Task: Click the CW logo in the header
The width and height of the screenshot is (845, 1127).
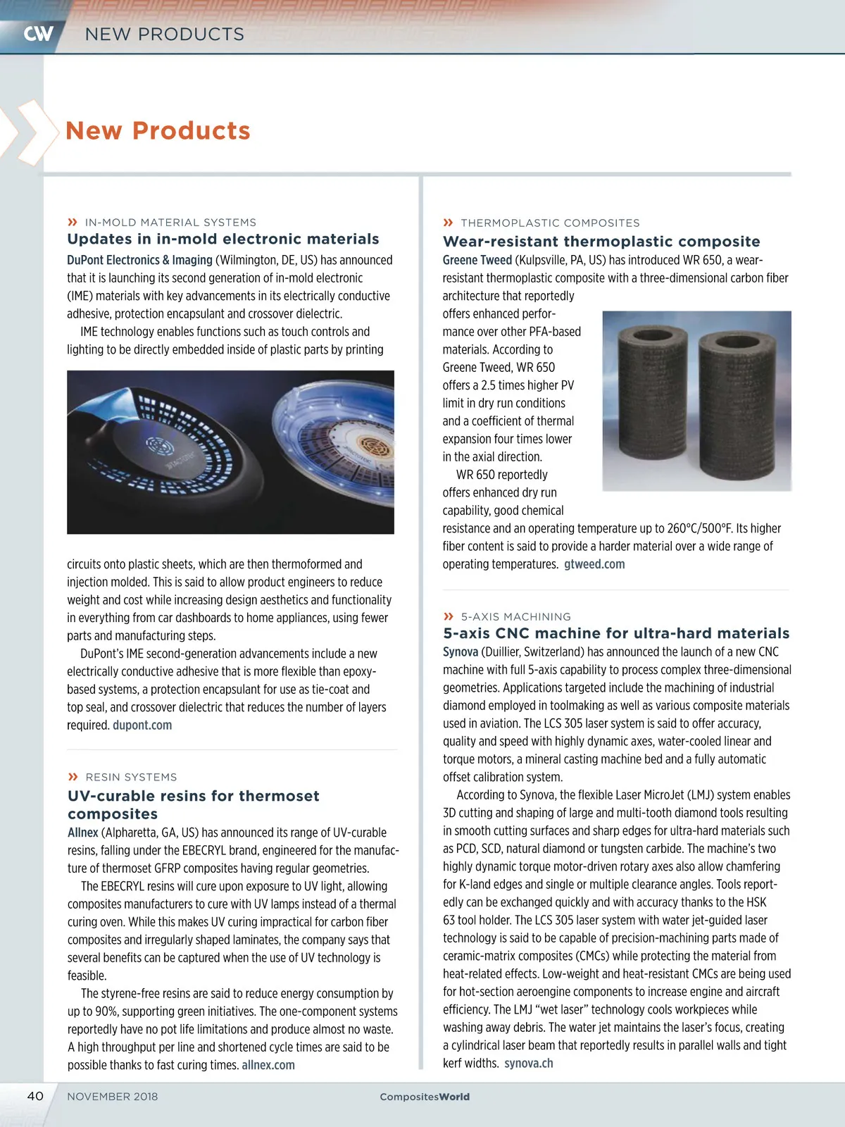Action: click(x=38, y=33)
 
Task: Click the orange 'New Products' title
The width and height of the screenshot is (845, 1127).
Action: click(x=158, y=130)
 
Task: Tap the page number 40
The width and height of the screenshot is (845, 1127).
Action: click(x=35, y=1096)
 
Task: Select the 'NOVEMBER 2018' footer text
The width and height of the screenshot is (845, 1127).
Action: click(x=113, y=1097)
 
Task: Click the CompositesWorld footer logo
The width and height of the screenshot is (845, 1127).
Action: click(x=425, y=1097)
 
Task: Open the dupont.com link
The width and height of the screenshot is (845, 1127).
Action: click(x=142, y=726)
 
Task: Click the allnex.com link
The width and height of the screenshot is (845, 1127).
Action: click(x=268, y=1065)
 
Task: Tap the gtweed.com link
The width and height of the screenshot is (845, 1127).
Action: click(x=594, y=564)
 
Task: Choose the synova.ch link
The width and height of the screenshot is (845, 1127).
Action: click(x=529, y=1064)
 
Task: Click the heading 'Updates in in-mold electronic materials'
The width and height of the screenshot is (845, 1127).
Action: click(x=223, y=239)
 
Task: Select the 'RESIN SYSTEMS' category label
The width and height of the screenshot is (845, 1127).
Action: click(x=131, y=777)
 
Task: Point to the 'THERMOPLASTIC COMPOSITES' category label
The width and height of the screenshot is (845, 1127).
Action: click(x=550, y=223)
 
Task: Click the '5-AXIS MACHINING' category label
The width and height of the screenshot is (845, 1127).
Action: click(x=515, y=616)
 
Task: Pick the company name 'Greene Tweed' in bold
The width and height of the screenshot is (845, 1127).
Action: click(x=477, y=260)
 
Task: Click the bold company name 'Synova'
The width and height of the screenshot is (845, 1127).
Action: click(x=461, y=652)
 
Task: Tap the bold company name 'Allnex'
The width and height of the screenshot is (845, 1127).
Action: click(x=83, y=833)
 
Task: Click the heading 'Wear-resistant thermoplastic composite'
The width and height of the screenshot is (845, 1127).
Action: click(x=601, y=242)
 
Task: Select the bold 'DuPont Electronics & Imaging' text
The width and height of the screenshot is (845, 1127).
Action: click(x=139, y=260)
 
